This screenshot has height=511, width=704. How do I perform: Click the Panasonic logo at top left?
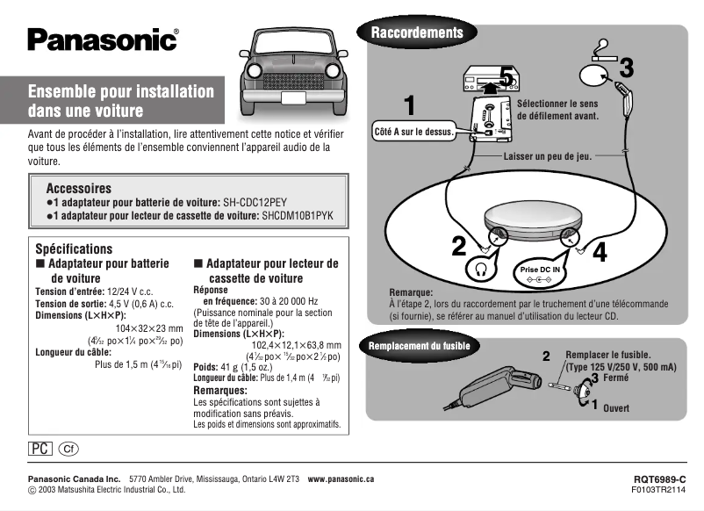(x=103, y=40)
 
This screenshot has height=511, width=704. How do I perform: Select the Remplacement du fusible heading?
(x=425, y=346)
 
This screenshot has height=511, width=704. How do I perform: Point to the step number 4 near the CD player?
(x=600, y=251)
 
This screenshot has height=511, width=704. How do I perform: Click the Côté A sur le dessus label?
(x=413, y=132)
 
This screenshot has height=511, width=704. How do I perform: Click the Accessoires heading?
(x=78, y=188)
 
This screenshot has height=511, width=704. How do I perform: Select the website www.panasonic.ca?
(x=341, y=479)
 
